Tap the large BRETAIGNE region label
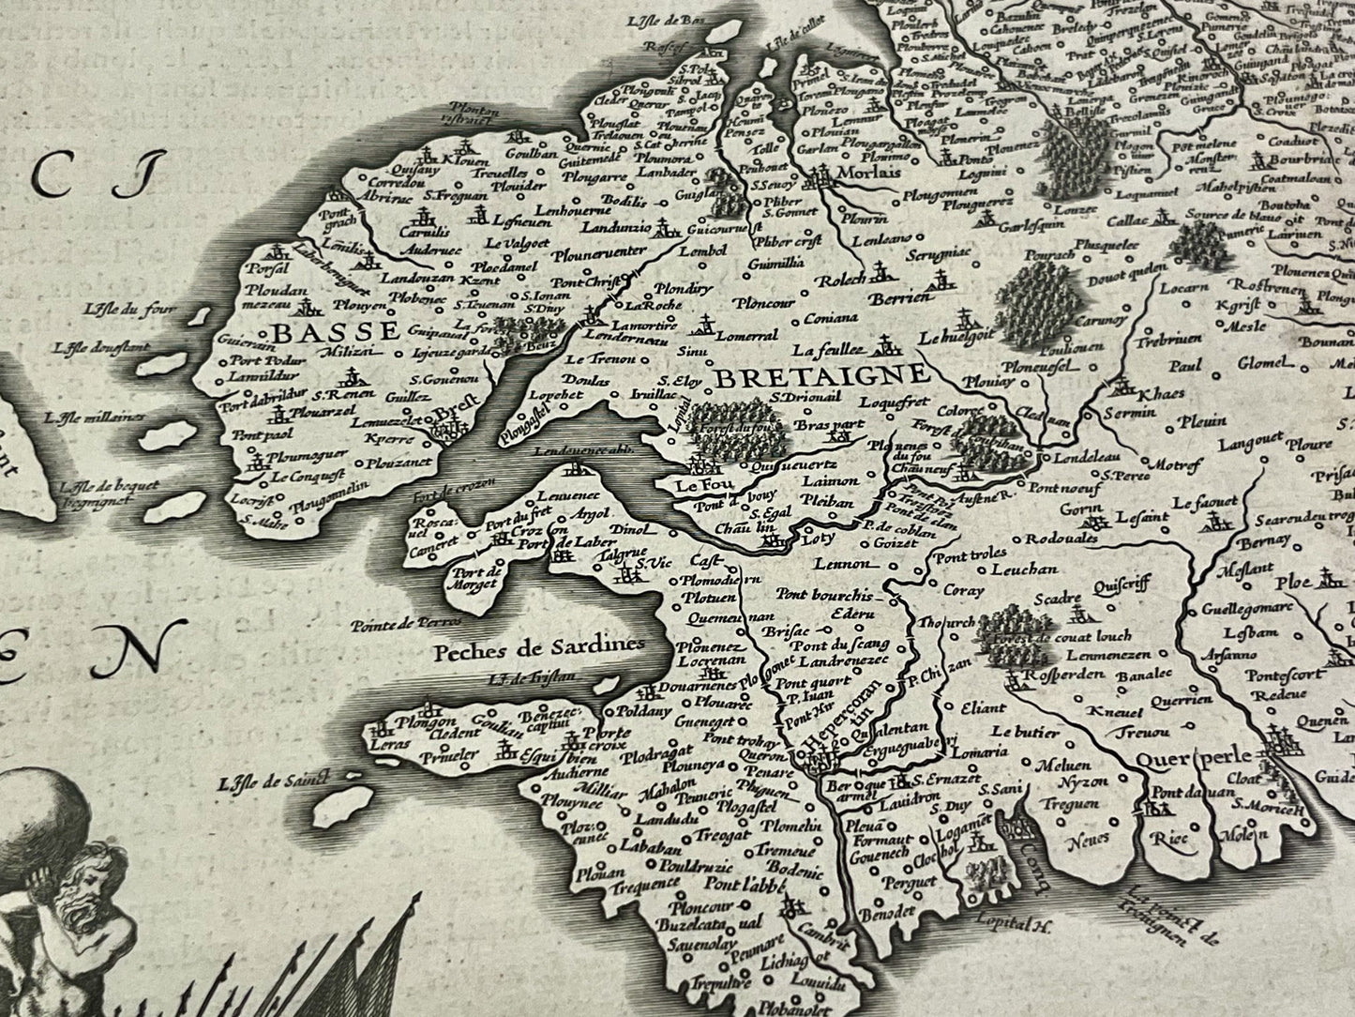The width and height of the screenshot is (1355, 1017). (x=821, y=377)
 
